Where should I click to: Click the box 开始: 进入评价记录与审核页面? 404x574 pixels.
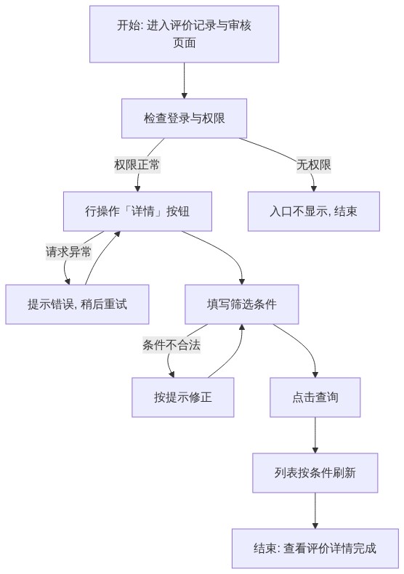pyautogui.click(x=184, y=34)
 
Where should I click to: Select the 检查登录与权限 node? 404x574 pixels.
pyautogui.click(x=184, y=118)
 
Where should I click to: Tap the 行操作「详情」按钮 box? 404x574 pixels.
pyautogui.click(x=137, y=211)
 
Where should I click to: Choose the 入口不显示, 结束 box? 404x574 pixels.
pyautogui.click(x=314, y=211)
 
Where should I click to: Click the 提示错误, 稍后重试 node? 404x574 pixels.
pyautogui.click(x=77, y=304)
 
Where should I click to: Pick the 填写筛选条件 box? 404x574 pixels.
pyautogui.click(x=241, y=304)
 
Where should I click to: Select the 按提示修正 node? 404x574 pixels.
pyautogui.click(x=183, y=397)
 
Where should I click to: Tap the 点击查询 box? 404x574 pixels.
pyautogui.click(x=315, y=397)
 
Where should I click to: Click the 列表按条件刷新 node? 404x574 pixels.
pyautogui.click(x=315, y=472)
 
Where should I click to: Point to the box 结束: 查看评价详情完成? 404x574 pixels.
pyautogui.click(x=315, y=548)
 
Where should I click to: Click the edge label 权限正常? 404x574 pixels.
pyautogui.click(x=137, y=165)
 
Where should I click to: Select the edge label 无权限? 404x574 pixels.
pyautogui.click(x=314, y=165)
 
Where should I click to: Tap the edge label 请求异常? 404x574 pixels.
pyautogui.click(x=68, y=252)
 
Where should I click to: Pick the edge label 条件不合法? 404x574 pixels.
pyautogui.click(x=171, y=345)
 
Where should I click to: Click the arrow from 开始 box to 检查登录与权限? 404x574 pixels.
pyautogui.click(x=184, y=81)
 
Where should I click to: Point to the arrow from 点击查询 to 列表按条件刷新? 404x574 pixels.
pyautogui.click(x=315, y=435)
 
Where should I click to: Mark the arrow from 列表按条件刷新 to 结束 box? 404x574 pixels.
pyautogui.click(x=315, y=510)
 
